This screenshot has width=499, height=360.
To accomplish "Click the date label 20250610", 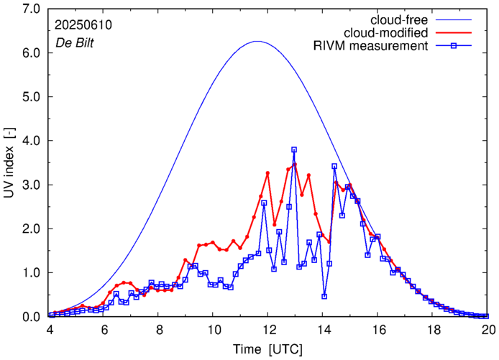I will click(82, 24).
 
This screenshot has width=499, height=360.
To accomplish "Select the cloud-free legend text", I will click(395, 19).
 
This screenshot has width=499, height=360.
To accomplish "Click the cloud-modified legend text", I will click(386, 32).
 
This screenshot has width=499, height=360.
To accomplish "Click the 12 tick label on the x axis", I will click(269, 330).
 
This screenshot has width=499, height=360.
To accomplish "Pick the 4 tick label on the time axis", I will click(50, 330).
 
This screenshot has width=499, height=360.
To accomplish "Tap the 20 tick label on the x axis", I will click(488, 330).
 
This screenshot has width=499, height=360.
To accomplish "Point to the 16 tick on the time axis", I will click(378, 330).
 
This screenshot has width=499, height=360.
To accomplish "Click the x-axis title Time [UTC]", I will click(268, 348).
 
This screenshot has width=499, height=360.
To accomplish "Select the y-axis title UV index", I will click(11, 162).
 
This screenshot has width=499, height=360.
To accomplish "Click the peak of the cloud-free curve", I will click(257, 42).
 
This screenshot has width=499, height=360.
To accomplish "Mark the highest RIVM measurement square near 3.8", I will click(294, 149).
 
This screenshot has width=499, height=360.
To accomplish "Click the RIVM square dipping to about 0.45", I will click(324, 296).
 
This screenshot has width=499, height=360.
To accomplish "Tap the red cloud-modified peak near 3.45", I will click(294, 165).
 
